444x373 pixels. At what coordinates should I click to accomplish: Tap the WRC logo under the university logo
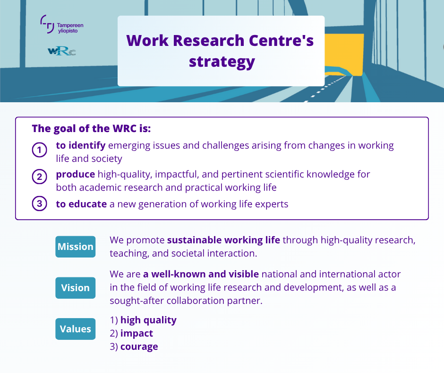tap(61, 51)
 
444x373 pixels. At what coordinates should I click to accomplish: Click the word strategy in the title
tap(222, 62)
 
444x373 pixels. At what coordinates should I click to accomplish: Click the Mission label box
tap(75, 247)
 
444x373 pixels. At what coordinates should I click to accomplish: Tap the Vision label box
tap(75, 288)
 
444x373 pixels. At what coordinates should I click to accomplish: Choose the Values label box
tap(75, 329)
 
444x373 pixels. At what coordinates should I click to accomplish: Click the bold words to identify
tap(80, 145)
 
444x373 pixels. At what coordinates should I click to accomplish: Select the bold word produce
tap(76, 174)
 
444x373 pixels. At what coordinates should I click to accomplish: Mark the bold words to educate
tap(81, 204)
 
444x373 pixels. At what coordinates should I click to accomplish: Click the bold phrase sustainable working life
tap(223, 240)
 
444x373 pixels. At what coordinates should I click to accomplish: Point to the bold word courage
tap(139, 346)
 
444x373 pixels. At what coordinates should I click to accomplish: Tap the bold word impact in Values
tap(137, 333)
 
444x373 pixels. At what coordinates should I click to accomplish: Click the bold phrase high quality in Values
tap(148, 320)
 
